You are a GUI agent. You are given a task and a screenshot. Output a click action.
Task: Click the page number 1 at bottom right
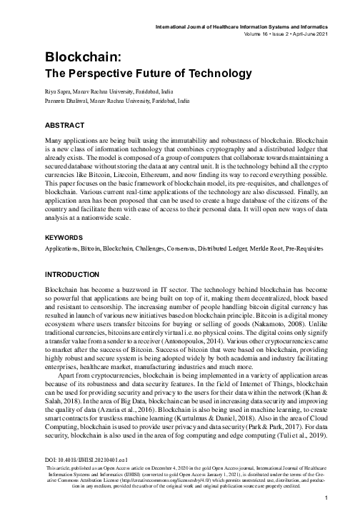[x=325, y=498]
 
